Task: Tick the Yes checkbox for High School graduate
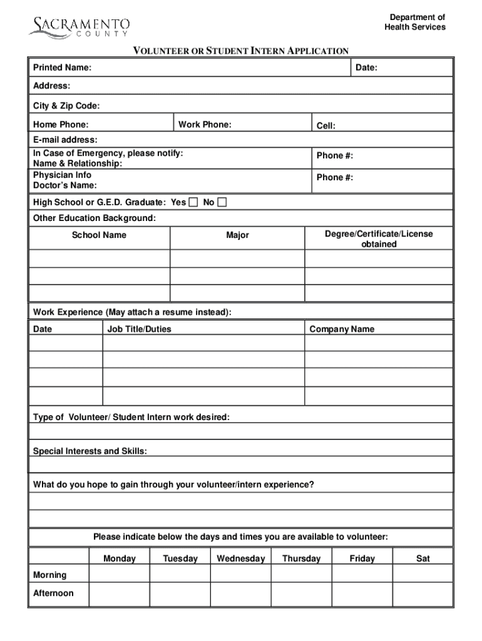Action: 193,202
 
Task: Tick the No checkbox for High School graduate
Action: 222,202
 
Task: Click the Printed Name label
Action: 62,67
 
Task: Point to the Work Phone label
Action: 205,125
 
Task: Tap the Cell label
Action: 326,126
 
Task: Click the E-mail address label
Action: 65,140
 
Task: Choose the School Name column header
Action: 99,235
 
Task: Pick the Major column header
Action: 237,235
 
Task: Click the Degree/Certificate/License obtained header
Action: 379,239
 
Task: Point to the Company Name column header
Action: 342,329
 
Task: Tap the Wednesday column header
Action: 240,558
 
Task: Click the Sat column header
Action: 423,558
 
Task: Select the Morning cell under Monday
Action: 119,575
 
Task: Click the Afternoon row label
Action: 53,593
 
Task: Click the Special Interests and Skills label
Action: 90,451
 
